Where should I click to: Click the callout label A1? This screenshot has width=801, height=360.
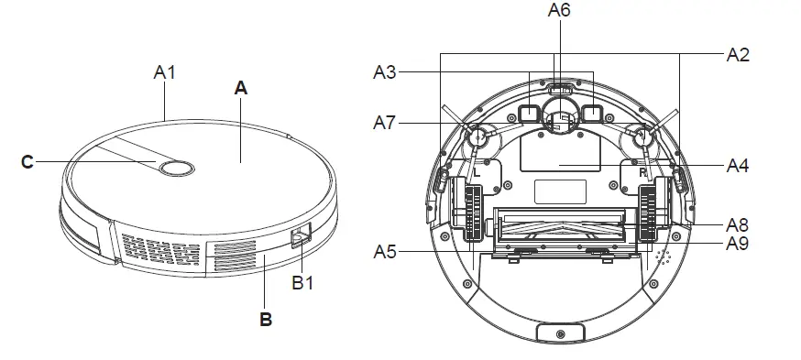(164, 72)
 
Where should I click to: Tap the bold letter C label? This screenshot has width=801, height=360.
(27, 162)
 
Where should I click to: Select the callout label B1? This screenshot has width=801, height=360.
(302, 282)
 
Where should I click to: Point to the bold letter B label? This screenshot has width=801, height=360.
(266, 319)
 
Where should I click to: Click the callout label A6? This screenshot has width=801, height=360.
(559, 10)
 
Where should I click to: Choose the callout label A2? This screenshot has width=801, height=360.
(738, 55)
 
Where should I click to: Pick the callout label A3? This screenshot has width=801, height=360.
(385, 72)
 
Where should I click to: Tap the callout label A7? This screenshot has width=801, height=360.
(385, 123)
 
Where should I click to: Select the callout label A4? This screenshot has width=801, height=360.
(738, 166)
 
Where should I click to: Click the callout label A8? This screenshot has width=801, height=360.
(738, 224)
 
